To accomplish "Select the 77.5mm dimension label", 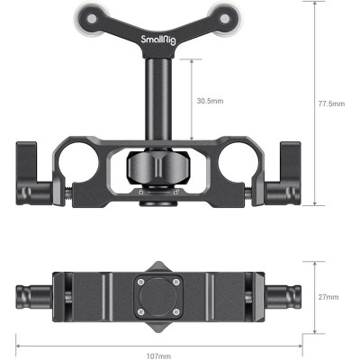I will (x=332, y=103).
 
